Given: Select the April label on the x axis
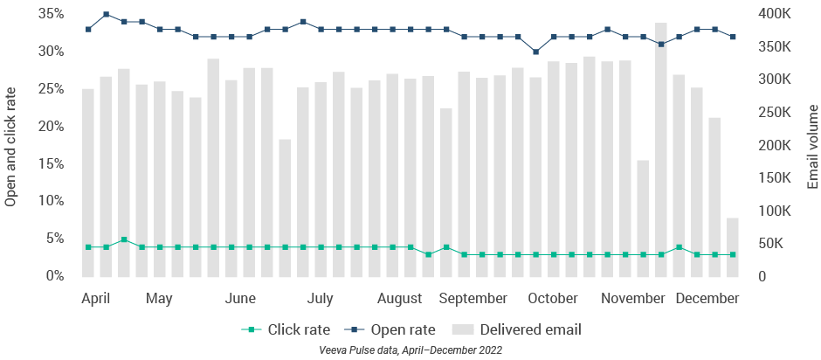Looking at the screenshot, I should tap(95, 299).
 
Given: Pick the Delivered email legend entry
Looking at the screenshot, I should tap(517, 329).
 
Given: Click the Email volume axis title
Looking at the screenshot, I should tap(812, 145).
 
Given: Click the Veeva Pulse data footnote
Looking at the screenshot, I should tap(410, 350).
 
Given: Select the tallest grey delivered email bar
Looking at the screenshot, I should tap(661, 149).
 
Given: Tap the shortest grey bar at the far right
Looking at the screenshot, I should tap(732, 247).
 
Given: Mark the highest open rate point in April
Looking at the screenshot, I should tap(106, 14).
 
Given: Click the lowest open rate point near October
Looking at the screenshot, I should tap(535, 52).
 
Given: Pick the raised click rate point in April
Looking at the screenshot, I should tap(124, 239).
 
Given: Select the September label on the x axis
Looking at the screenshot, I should tap(473, 299).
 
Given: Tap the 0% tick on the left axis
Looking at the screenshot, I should tap(54, 276).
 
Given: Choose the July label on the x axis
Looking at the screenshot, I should tap(321, 299).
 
